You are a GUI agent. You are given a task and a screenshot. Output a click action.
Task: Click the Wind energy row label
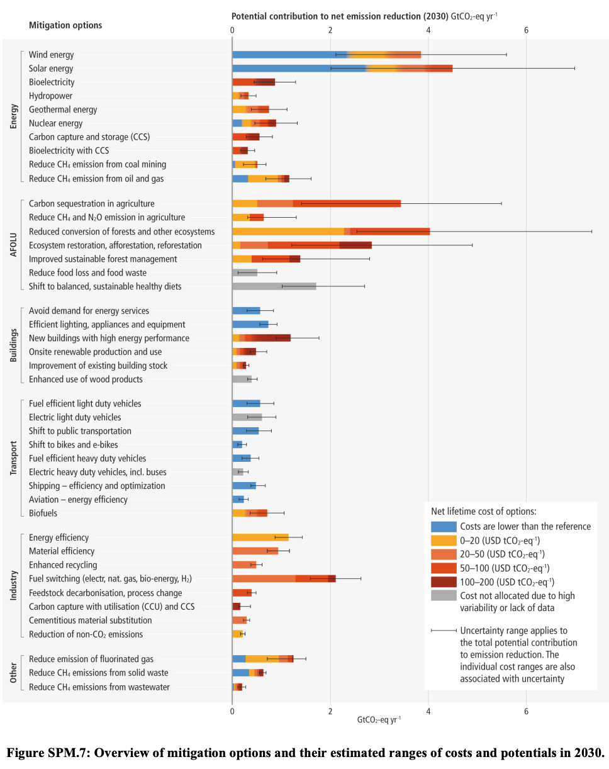tap(51, 55)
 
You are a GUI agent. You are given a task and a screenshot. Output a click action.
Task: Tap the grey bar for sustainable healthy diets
tap(274, 286)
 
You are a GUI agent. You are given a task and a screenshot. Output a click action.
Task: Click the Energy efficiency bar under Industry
tap(260, 537)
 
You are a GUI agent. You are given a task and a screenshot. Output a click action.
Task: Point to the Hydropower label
tap(50, 96)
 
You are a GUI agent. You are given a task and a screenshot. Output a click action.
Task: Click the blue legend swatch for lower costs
tap(443, 526)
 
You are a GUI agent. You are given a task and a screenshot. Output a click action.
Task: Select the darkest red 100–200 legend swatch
tap(443, 581)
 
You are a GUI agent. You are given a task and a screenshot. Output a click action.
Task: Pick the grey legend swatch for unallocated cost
tap(443, 595)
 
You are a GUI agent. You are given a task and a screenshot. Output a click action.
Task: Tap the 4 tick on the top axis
tap(428, 28)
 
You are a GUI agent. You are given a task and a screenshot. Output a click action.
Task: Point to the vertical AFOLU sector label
tap(13, 245)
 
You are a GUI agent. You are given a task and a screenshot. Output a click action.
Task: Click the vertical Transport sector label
tap(13, 458)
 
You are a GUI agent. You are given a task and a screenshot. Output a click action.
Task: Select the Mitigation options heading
tap(65, 25)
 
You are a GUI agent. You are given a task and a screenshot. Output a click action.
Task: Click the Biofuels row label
tap(43, 513)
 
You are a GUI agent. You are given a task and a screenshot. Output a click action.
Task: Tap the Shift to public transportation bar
tap(245, 431)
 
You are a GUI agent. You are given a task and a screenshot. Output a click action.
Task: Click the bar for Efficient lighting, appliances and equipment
tap(250, 324)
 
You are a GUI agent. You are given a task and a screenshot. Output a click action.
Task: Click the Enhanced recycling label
tap(63, 565)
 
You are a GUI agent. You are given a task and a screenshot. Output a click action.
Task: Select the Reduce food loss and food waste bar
tap(245, 272)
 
